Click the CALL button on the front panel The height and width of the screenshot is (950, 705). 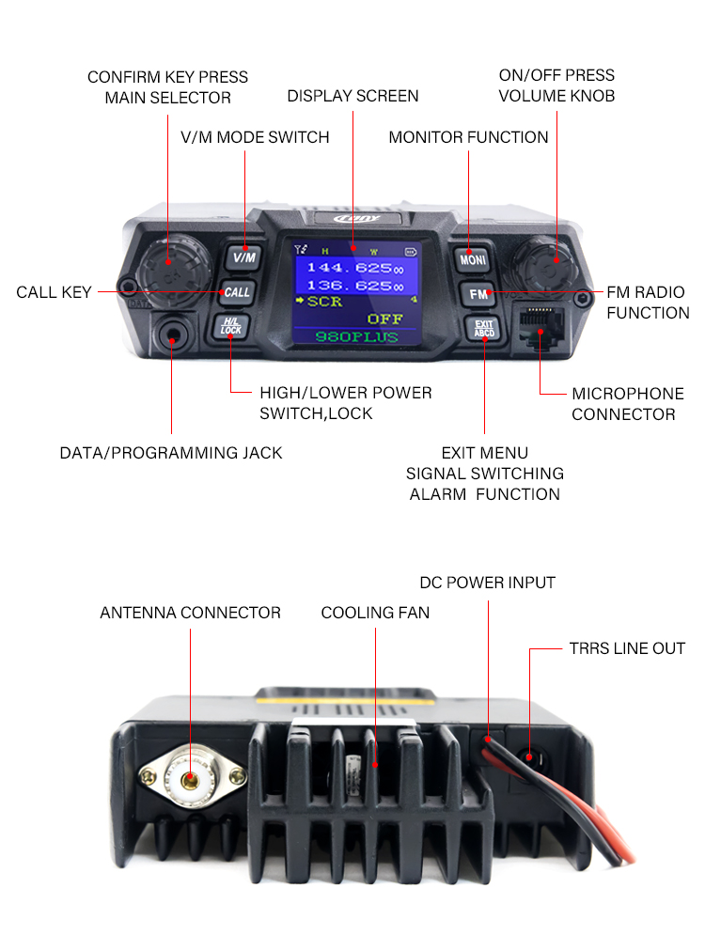click(237, 292)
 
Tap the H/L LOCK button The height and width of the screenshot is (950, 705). click(230, 327)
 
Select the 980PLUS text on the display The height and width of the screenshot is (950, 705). click(356, 336)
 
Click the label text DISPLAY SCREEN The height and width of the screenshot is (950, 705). click(352, 96)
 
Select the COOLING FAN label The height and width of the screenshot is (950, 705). click(375, 613)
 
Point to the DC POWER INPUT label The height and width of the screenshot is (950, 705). click(487, 583)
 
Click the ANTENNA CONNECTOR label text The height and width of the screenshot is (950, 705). click(190, 613)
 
